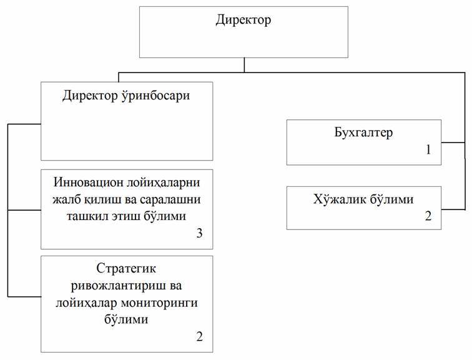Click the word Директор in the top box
coord(243,21)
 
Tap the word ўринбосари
coord(155,96)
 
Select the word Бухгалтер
coord(363,132)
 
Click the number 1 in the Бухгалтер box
coord(429,150)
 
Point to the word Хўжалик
coord(339,199)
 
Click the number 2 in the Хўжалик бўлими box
coord(428,216)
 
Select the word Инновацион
coord(89,183)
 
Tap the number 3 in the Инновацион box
coord(199,233)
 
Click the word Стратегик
coord(126,268)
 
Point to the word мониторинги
coord(159,302)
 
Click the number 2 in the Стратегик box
coord(199,336)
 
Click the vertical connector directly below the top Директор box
coord(244,65)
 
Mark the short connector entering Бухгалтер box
coord(453,142)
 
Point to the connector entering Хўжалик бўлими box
coord(453,209)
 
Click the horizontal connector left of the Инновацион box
coord(24,210)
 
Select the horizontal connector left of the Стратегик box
coord(24,297)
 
